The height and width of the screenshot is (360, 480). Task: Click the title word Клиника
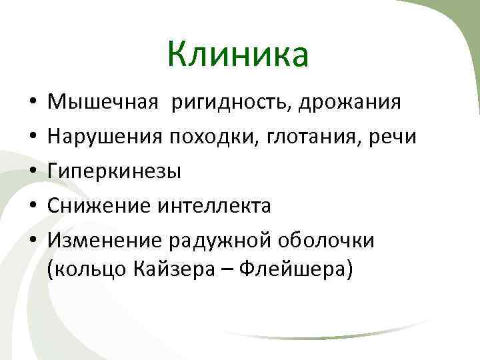tap(238, 54)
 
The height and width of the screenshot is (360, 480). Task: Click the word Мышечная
tap(103, 103)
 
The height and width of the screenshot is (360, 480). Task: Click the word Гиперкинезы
tap(114, 172)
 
